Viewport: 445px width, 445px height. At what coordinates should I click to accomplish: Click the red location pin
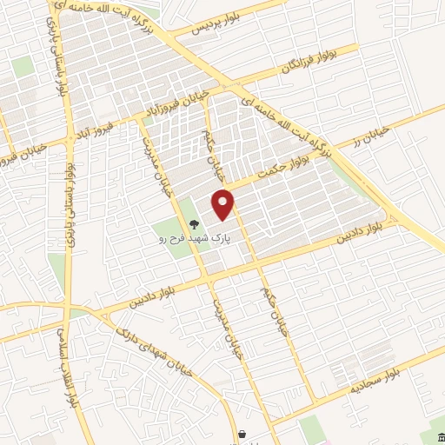pos(224,204)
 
